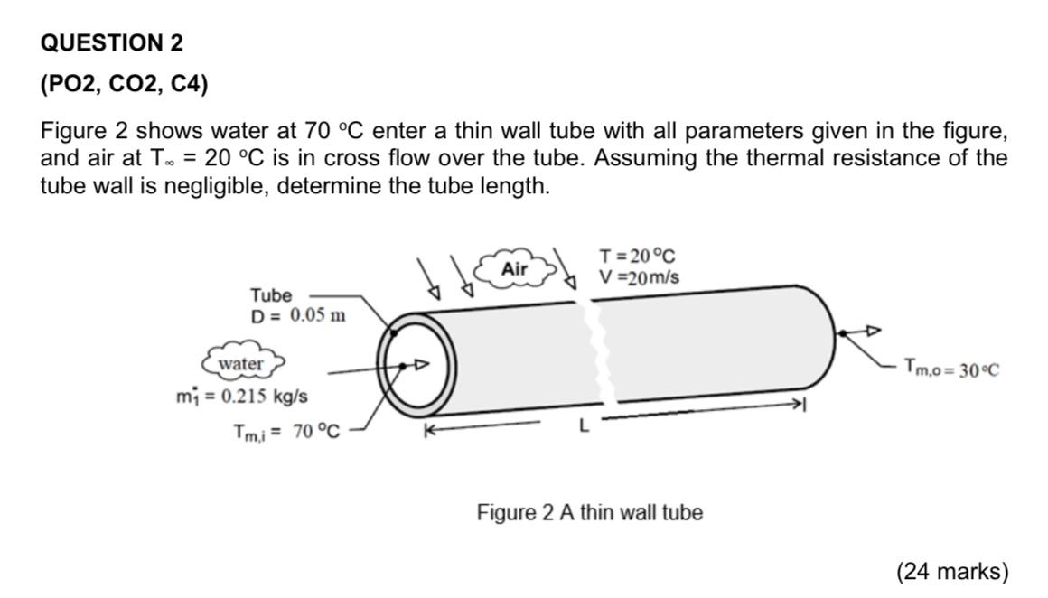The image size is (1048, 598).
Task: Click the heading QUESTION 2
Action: pos(112,42)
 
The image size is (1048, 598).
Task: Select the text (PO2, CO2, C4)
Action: pos(125,84)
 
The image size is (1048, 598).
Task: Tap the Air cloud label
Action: pos(515,268)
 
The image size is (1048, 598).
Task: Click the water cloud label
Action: pos(241,363)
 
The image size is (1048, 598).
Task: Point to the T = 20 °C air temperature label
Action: pos(637,256)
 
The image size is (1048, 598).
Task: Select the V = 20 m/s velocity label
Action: pos(639,276)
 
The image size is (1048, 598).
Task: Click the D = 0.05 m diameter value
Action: pos(298,315)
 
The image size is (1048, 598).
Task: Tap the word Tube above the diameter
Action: pos(271,294)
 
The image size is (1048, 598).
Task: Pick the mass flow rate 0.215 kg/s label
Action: pos(242,397)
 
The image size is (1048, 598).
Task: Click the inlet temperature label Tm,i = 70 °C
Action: pos(286,433)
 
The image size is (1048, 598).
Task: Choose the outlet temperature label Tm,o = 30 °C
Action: pos(951,369)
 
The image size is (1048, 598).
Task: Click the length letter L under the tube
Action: pos(585,425)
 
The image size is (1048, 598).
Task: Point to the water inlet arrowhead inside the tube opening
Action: pos(420,364)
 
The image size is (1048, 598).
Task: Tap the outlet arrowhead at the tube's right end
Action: pos(873,330)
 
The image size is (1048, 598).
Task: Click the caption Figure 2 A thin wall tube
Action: pos(589,512)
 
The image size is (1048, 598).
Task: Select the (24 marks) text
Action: pos(952,571)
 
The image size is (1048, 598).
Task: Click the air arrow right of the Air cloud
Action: pos(564,268)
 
